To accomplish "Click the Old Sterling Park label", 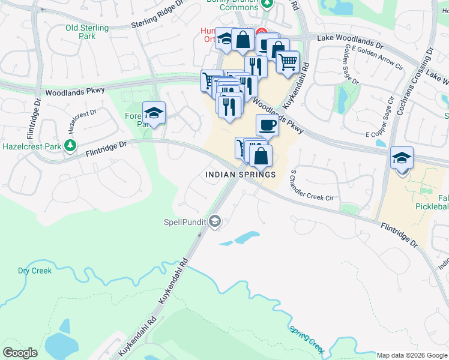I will pyautogui.click(x=87, y=32).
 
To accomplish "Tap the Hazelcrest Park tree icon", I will pyautogui.click(x=71, y=145).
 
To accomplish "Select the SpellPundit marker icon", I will pyautogui.click(x=215, y=222).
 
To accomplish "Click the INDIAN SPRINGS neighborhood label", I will pyautogui.click(x=240, y=175).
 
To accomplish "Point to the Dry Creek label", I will pyautogui.click(x=35, y=271).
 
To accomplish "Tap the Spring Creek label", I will pyautogui.click(x=307, y=338).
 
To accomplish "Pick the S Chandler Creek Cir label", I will pyautogui.click(x=311, y=186).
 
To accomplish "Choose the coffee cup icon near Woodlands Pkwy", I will pyautogui.click(x=267, y=125).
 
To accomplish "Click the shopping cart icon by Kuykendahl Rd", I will pyautogui.click(x=288, y=61).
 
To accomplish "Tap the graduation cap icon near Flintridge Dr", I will pyautogui.click(x=154, y=112).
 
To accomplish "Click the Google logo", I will pyautogui.click(x=20, y=353).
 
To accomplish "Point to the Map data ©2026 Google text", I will pyautogui.click(x=411, y=355).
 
